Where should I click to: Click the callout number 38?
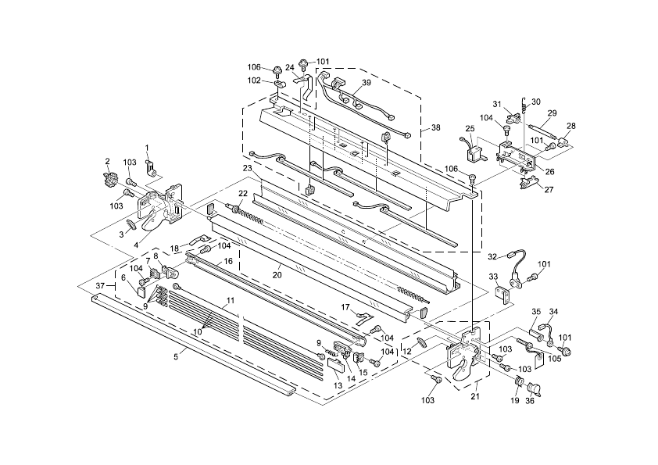435,127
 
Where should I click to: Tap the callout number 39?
366,83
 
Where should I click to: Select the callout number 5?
176,356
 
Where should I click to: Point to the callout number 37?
100,286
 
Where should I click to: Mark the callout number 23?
247,168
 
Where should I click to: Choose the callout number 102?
255,80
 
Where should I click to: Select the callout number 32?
492,256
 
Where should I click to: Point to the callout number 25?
470,128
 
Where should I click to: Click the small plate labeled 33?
504,294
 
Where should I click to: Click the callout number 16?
228,262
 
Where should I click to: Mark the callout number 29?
552,113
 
